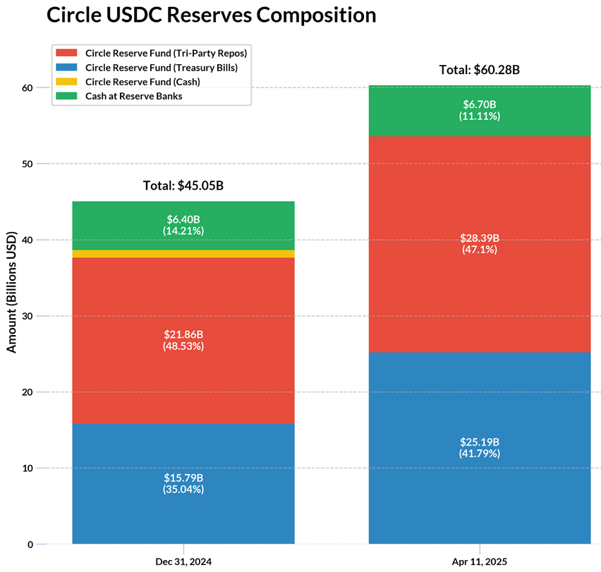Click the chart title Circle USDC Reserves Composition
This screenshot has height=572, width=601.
pyautogui.click(x=211, y=16)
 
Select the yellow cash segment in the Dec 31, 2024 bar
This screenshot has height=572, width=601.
pyautogui.click(x=183, y=254)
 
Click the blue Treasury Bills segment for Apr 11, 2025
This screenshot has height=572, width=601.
pyautogui.click(x=480, y=494)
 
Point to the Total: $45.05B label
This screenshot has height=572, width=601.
pyautogui.click(x=183, y=186)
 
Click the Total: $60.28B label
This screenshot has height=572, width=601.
pyautogui.click(x=480, y=70)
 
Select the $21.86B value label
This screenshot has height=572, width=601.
pyautogui.click(x=183, y=334)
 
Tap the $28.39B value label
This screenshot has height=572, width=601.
pyautogui.click(x=480, y=238)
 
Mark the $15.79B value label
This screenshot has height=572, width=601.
pyautogui.click(x=183, y=477)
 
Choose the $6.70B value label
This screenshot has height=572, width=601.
pyautogui.click(x=480, y=104)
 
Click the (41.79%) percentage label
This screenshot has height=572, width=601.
pyautogui.click(x=480, y=454)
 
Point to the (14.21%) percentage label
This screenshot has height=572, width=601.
pyautogui.click(x=183, y=231)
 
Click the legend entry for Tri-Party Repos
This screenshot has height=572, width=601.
pyautogui.click(x=165, y=53)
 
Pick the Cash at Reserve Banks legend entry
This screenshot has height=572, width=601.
pyautogui.click(x=133, y=96)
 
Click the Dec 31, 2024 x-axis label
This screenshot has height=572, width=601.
pyautogui.click(x=183, y=562)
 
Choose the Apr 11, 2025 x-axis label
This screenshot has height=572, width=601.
pyautogui.click(x=480, y=562)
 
